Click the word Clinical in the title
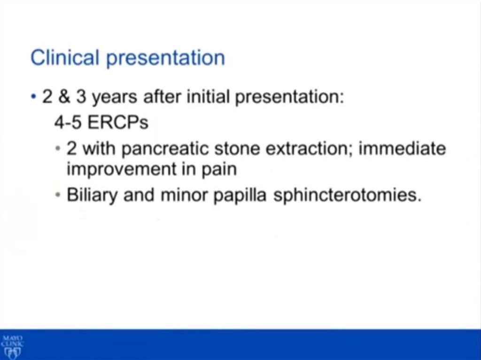[x=65, y=57]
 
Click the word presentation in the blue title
[x=165, y=59]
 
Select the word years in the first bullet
[x=115, y=99]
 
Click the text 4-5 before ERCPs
[x=68, y=123]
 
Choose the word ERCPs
[x=118, y=123]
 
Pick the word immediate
[x=402, y=148]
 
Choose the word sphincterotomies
[x=347, y=196]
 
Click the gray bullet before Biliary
[x=58, y=195]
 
